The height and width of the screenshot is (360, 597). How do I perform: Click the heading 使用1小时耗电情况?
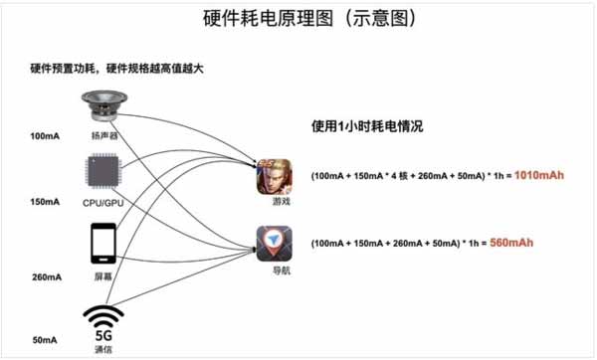[366, 127]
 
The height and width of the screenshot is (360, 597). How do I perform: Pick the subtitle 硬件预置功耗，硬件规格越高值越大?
[122, 69]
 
